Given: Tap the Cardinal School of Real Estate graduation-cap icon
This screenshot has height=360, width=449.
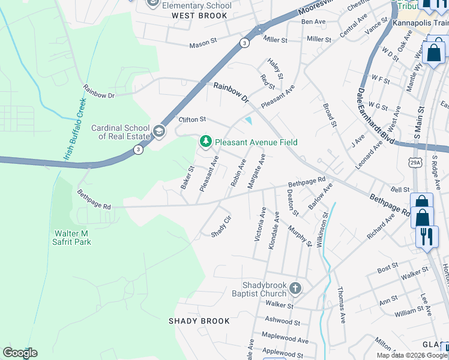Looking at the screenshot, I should (x=159, y=131).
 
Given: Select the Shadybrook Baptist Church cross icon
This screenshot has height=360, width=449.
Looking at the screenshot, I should (x=295, y=289).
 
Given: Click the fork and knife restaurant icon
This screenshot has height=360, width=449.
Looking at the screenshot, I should (x=427, y=236).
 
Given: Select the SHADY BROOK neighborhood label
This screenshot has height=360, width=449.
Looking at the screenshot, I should (x=199, y=321).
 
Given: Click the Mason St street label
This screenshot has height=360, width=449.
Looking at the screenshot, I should (x=202, y=44).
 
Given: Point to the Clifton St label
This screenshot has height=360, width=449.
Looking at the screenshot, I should (x=193, y=119).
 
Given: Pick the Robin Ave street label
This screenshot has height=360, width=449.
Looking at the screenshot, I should (x=238, y=172).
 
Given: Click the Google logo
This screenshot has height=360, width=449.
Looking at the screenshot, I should (x=20, y=353).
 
